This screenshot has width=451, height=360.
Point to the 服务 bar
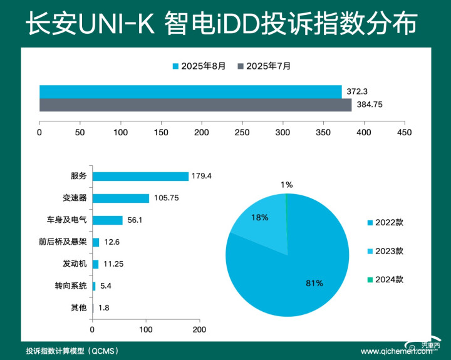(x=140, y=177)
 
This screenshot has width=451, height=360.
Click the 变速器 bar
(x=121, y=198)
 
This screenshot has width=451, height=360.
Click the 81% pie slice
(x=301, y=275)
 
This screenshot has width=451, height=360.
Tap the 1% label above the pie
(x=286, y=185)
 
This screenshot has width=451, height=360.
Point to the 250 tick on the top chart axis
(x=242, y=133)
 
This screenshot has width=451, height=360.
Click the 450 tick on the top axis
(x=405, y=133)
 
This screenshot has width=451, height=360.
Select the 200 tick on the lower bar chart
(x=199, y=329)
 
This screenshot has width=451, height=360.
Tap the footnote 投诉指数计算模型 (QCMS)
(x=69, y=351)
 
